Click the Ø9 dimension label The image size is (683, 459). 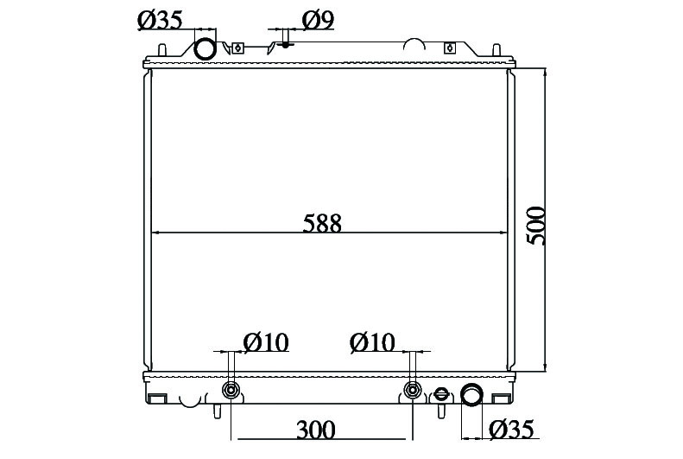318,21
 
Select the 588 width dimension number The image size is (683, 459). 322,223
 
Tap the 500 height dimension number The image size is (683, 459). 535,226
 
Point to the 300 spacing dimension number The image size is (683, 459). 316,430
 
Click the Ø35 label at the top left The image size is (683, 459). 160,21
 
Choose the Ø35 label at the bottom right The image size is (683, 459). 511,430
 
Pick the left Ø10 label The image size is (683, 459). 266,342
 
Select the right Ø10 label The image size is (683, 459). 372,342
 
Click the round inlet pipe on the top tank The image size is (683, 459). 205,48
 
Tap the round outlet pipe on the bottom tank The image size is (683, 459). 471,394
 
